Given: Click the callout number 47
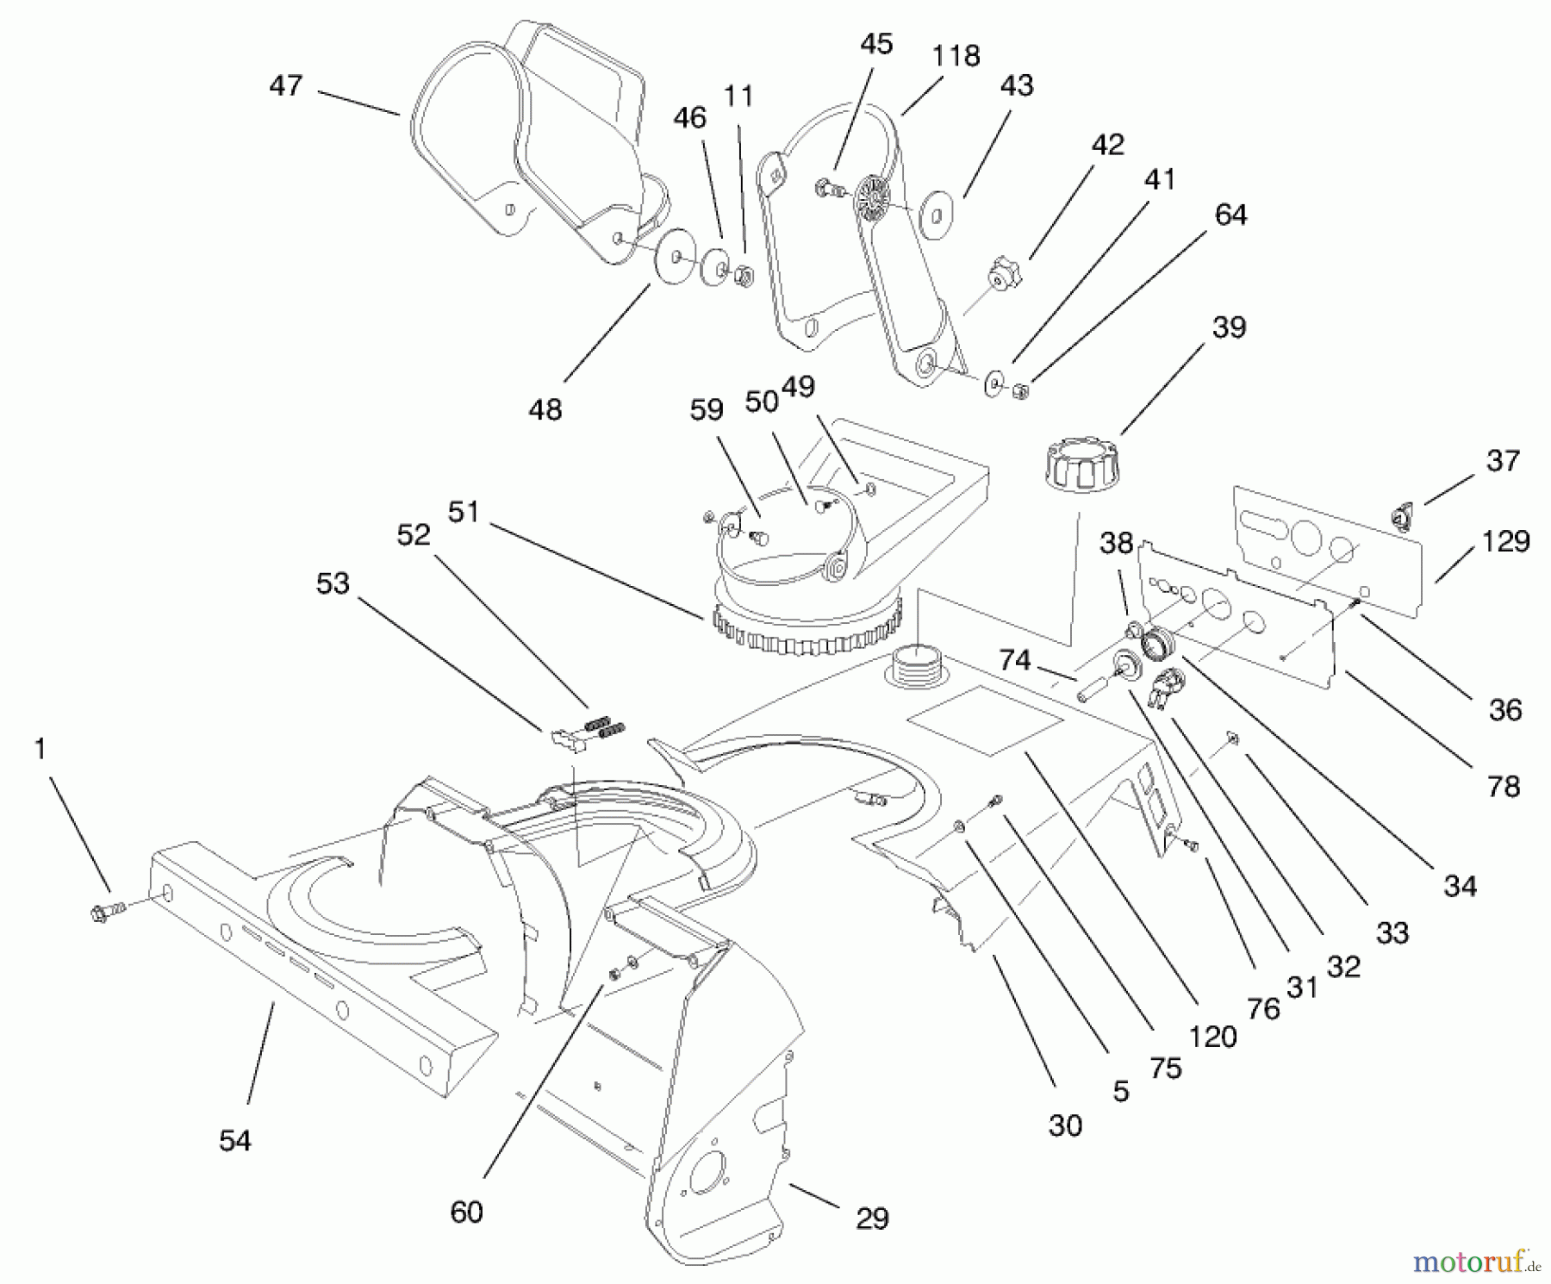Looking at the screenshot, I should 285,86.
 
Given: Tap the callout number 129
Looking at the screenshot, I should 1505,542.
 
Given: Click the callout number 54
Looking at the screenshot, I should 234,1140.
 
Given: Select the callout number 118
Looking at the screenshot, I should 956,56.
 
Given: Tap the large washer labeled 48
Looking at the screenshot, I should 675,256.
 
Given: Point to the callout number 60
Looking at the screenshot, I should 466,1212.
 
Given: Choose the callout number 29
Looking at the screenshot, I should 872,1219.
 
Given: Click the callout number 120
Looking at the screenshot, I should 1212,1037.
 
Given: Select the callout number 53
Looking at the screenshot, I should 333,583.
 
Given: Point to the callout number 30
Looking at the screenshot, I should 1065,1125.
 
